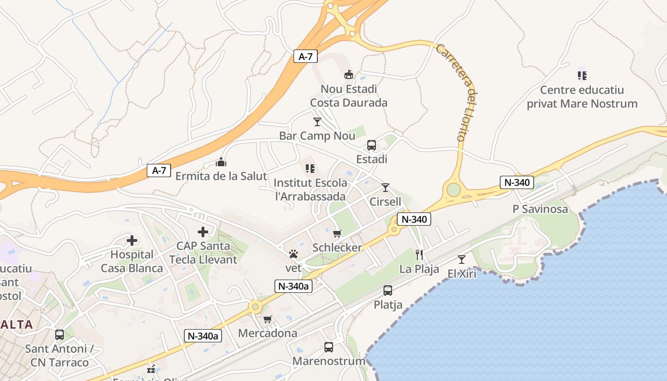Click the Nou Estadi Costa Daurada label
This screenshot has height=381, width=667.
(x=349, y=96)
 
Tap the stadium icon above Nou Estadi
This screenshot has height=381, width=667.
(x=349, y=75)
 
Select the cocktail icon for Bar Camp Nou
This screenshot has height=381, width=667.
(x=317, y=122)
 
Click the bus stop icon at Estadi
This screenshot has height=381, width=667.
(x=372, y=145)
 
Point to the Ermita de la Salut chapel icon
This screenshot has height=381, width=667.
(x=221, y=162)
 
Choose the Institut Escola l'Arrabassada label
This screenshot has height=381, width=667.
(x=311, y=190)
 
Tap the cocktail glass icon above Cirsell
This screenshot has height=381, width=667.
(x=385, y=188)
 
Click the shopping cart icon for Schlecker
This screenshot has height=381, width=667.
(x=337, y=233)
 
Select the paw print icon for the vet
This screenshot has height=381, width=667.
(x=293, y=254)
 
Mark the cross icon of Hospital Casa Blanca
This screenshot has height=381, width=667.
(x=132, y=241)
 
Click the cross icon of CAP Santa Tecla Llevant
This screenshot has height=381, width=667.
(x=203, y=232)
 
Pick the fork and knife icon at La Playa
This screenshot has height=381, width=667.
(x=419, y=255)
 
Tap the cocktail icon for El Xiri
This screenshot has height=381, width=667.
(x=462, y=260)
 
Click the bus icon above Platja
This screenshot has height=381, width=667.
(x=388, y=290)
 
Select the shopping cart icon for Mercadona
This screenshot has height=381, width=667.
(x=267, y=319)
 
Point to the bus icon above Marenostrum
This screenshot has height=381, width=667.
(x=329, y=347)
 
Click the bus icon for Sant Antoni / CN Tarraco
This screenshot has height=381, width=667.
(x=60, y=335)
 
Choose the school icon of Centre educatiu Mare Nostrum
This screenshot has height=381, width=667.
(x=582, y=75)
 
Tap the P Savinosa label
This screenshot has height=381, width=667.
(x=540, y=209)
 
